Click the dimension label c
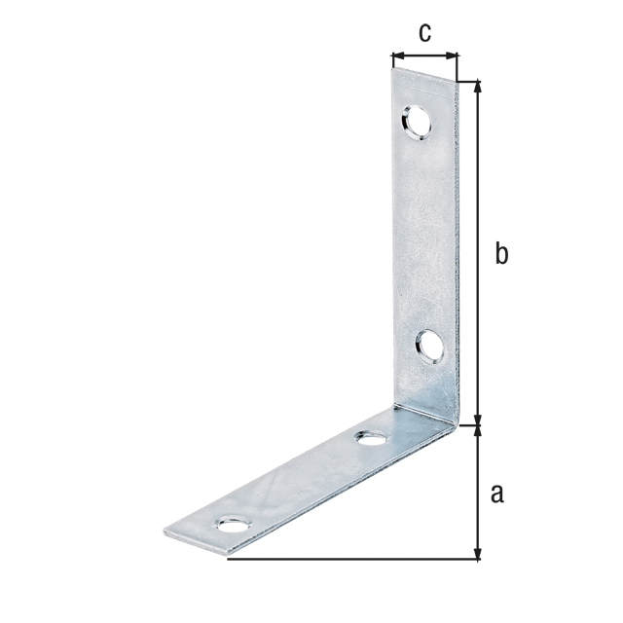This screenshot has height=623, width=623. click(424, 32)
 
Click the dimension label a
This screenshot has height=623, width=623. click(497, 494)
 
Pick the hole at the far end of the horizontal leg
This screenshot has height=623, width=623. click(235, 525)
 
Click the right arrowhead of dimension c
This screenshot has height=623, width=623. click(452, 55)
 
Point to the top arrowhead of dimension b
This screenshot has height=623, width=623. click(478, 88)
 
